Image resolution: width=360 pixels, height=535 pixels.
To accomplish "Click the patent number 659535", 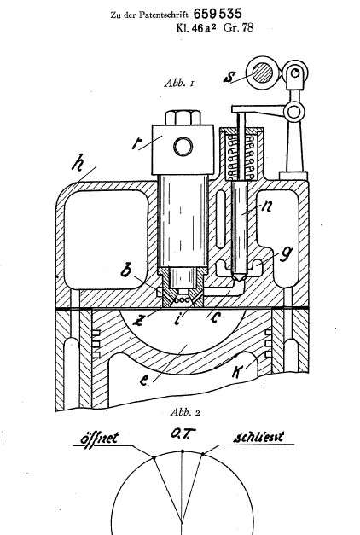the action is (x=218, y=14).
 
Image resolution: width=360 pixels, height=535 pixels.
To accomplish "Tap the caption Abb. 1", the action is (x=179, y=83).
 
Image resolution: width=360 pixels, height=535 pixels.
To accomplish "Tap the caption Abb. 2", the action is (x=185, y=412).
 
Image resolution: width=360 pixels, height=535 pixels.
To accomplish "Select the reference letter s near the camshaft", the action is (x=229, y=77).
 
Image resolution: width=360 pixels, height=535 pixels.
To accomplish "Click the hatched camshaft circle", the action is (x=262, y=73).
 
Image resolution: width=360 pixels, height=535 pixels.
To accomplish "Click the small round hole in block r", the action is (x=183, y=147).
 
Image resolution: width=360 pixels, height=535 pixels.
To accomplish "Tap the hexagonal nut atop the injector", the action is (x=183, y=118).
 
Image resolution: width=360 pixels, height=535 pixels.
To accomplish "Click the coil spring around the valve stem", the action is (x=241, y=157).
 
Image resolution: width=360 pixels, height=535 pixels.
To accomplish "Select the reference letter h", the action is (x=78, y=162).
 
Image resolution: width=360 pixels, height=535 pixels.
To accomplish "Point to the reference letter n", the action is (x=266, y=206).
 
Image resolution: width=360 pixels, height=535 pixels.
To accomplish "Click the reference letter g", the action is (x=286, y=254).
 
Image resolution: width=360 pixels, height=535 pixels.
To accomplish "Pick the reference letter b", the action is (x=126, y=270).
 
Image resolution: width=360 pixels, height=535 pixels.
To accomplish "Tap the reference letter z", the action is (x=138, y=320).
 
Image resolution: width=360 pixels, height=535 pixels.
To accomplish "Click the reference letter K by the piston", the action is (x=237, y=371).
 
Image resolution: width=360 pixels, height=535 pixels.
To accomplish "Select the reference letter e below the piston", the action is (x=144, y=381).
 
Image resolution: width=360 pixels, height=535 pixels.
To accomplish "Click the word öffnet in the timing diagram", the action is (x=100, y=438).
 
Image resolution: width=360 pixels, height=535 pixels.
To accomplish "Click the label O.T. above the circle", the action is (x=183, y=434).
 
